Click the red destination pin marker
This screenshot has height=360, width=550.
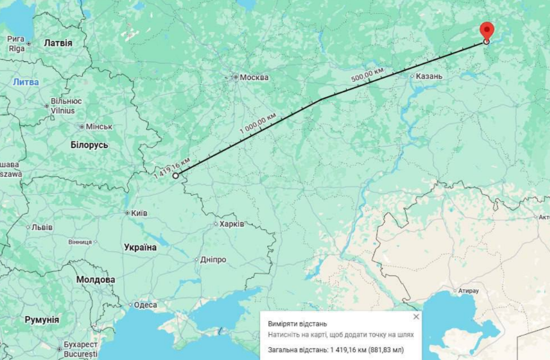pyautogui.click(x=486, y=30)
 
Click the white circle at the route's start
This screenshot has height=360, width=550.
pyautogui.click(x=176, y=176)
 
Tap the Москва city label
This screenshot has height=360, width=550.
pyautogui.click(x=253, y=77)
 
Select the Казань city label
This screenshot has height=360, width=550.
pyautogui.click(x=430, y=76)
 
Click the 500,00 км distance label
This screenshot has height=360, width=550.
pyautogui.click(x=367, y=75)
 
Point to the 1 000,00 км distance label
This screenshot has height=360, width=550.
pyautogui.click(x=258, y=123)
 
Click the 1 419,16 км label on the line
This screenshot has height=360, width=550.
pyautogui.click(x=172, y=167)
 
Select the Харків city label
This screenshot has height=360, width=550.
pyautogui.click(x=231, y=223)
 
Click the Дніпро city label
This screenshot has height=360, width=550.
pyautogui.click(x=213, y=259)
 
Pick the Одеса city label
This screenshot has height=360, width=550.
pyautogui.click(x=145, y=305)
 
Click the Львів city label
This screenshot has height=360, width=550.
pyautogui.click(x=42, y=227)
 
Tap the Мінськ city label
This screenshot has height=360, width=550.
pyautogui.click(x=99, y=126)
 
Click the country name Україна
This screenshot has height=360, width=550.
pyautogui.click(x=140, y=247)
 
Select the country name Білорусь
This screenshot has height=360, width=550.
pyautogui.click(x=89, y=145)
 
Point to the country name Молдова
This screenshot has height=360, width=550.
pyautogui.click(x=96, y=280)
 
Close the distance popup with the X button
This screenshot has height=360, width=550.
pyautogui.click(x=416, y=317)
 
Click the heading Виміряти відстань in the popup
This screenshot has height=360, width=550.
pyautogui.click(x=298, y=324)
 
